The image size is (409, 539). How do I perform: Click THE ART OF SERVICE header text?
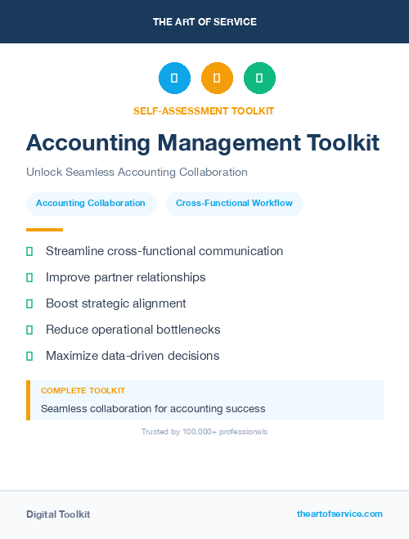pyautogui.click(x=204, y=22)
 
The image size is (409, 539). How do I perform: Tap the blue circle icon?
pyautogui.click(x=174, y=79)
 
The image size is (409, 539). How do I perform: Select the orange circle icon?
pyautogui.click(x=217, y=79)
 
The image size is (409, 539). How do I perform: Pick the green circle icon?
pyautogui.click(x=259, y=79)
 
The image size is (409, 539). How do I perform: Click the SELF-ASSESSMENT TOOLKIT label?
pyautogui.click(x=204, y=110)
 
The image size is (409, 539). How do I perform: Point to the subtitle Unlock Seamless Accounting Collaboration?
pyautogui.click(x=137, y=173)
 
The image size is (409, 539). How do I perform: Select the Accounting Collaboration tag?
pyautogui.click(x=91, y=203)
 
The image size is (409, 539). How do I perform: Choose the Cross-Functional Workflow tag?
pyautogui.click(x=234, y=203)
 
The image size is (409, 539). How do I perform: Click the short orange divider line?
pyautogui.click(x=44, y=230)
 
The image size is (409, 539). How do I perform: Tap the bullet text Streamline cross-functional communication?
pyautogui.click(x=164, y=251)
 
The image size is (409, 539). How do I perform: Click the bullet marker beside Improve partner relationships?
pyautogui.click(x=29, y=277)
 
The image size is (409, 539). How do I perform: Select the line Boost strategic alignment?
pyautogui.click(x=116, y=303)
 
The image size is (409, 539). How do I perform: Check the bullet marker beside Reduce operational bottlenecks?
pyautogui.click(x=29, y=330)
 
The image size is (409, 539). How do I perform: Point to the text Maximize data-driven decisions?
pyautogui.click(x=133, y=356)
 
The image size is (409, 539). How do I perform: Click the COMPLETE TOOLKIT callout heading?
pyautogui.click(x=83, y=391)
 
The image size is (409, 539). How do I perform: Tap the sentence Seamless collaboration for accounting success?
pyautogui.click(x=153, y=408)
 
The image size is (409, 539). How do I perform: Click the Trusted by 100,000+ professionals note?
pyautogui.click(x=204, y=431)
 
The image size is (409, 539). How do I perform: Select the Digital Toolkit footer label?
pyautogui.click(x=58, y=514)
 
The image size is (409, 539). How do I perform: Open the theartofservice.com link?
pyautogui.click(x=339, y=514)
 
